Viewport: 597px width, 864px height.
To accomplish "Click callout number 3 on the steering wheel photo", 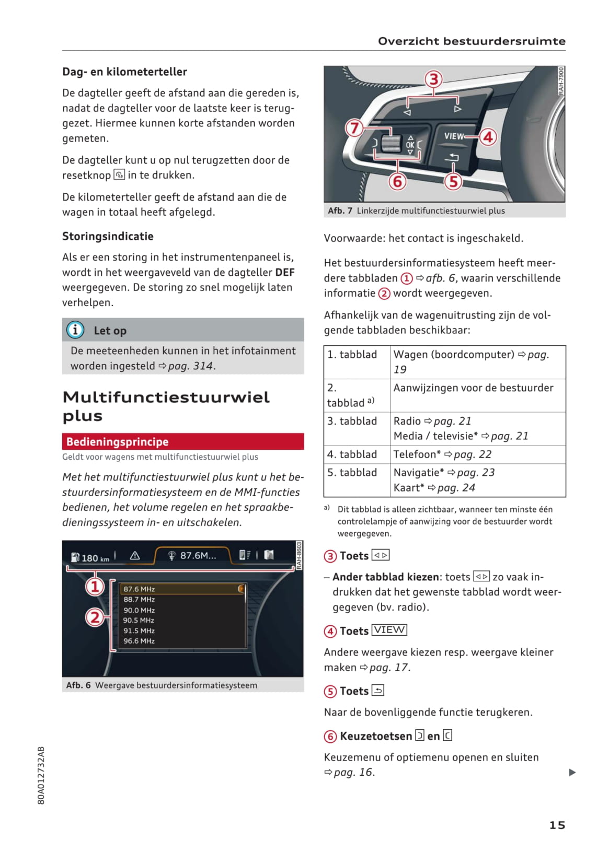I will pos(433,80).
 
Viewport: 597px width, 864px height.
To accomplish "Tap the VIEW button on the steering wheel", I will pos(454,136).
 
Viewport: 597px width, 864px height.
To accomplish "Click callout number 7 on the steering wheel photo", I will pos(354,128).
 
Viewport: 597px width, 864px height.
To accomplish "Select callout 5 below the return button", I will pos(453,181).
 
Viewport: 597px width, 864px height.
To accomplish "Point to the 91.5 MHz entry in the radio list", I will pos(139,631).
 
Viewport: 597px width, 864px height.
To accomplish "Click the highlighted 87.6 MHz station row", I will pos(183,589).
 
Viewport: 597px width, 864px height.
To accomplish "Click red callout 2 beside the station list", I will pos(95,617).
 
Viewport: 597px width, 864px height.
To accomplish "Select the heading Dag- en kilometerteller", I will pos(124,72).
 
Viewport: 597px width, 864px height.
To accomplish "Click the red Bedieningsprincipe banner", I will pos(182,441).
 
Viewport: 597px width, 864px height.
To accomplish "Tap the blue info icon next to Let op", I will pos(75,330).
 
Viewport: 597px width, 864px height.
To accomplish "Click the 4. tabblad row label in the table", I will pos(352,454).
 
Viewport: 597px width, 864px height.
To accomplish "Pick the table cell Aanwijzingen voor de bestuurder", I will pos(473,388).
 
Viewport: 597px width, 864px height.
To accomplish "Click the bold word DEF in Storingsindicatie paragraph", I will pos(285,272).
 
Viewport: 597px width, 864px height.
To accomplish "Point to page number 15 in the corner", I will pos(557,825).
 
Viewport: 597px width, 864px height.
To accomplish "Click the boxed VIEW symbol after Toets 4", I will pos(389,630).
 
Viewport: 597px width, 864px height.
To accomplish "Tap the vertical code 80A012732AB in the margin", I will pos(41,775).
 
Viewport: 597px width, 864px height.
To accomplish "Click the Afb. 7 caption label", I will pos(340,211).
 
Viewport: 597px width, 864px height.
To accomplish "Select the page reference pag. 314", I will pos(191,366).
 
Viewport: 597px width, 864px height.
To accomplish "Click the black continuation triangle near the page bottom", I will pos(572,772).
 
